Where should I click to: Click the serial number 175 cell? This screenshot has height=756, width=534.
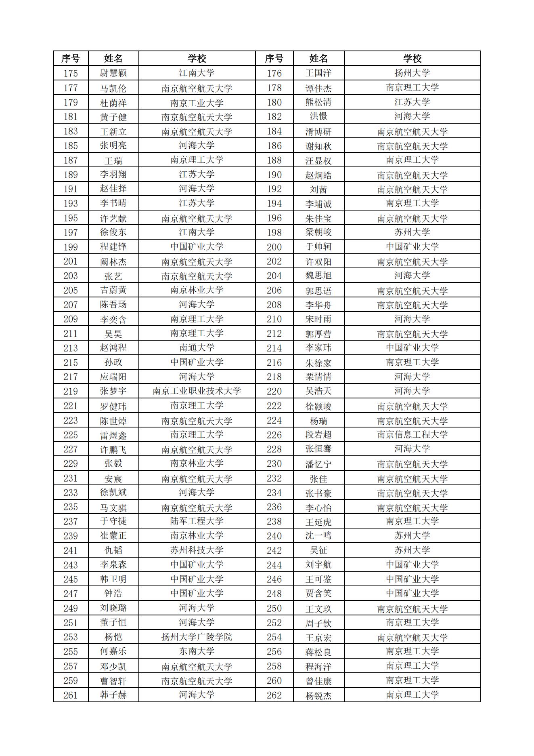pos(71,73)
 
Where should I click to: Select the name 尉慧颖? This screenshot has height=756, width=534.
pos(113,73)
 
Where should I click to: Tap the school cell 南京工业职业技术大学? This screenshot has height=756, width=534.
pos(197,391)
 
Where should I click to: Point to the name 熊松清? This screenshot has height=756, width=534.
pos(318,102)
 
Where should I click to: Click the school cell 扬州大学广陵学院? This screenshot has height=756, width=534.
pos(197,637)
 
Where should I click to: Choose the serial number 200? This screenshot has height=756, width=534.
pos(274,247)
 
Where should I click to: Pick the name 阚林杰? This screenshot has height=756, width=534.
pos(113,261)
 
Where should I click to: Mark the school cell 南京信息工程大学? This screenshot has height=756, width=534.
pos(412,435)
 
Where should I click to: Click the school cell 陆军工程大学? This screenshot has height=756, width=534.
pos(197,521)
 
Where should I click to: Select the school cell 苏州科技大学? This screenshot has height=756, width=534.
pos(197,550)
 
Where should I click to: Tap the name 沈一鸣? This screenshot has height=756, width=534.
pos(318,536)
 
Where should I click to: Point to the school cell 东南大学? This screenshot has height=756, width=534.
pos(197,651)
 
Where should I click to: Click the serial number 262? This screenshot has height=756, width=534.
pos(274,695)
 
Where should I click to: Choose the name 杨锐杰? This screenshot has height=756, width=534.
pos(318,695)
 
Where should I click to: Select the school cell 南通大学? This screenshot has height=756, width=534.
pos(197,348)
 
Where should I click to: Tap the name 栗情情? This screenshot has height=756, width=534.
pos(318,377)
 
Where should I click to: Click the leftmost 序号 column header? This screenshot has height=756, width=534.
pos(71,59)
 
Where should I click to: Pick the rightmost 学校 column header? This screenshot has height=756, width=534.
pos(412,59)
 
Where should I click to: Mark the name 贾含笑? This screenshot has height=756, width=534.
pos(318,594)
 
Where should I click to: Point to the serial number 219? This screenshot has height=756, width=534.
pos(71,391)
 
